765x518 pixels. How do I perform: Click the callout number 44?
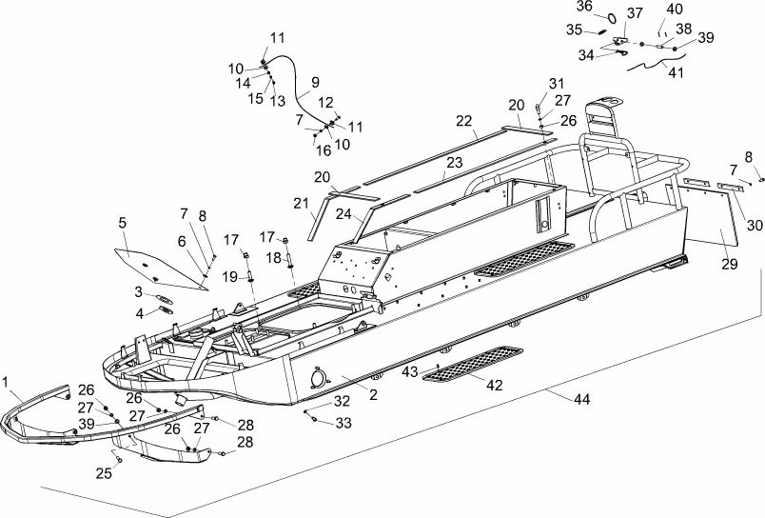pyautogui.click(x=581, y=399)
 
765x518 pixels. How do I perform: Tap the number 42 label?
pyautogui.click(x=494, y=386)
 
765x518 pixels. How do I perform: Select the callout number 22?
pyautogui.click(x=464, y=121)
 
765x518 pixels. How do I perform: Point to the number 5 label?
pyautogui.click(x=122, y=223)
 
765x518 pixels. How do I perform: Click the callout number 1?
pyautogui.click(x=6, y=381)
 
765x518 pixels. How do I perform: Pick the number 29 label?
pyautogui.click(x=730, y=264)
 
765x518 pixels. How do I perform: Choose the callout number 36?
pyautogui.click(x=584, y=6)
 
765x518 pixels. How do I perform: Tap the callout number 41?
pyautogui.click(x=676, y=72)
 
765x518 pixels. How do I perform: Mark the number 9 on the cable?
pyautogui.click(x=315, y=82)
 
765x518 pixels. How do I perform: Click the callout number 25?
pyautogui.click(x=104, y=473)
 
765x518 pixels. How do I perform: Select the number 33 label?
pyautogui.click(x=343, y=423)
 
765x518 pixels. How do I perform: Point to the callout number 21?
pyautogui.click(x=302, y=204)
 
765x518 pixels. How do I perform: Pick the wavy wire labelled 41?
pyautogui.click(x=657, y=64)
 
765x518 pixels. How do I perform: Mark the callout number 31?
pyautogui.click(x=557, y=84)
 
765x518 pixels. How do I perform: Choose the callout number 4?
pyautogui.click(x=140, y=313)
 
